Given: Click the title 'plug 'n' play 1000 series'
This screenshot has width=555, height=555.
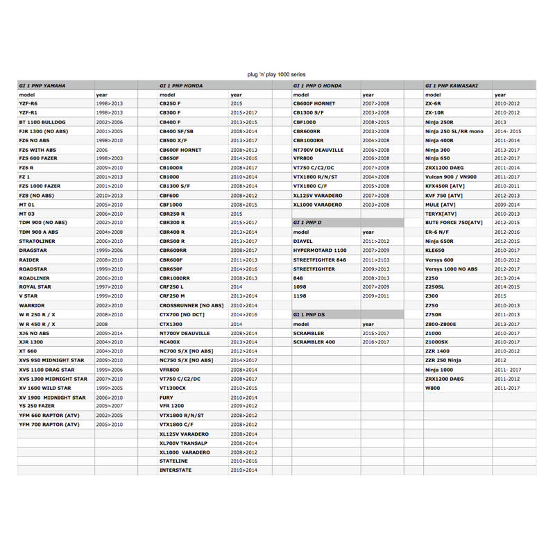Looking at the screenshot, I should tap(276, 74).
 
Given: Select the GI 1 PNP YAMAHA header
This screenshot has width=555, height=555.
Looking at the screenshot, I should tap(42, 85).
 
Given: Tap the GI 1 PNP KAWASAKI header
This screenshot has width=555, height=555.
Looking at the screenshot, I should tap(451, 85).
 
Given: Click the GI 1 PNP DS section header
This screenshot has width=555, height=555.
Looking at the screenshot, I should tap(309, 314).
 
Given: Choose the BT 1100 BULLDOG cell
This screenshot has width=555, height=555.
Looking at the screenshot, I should tap(42, 121).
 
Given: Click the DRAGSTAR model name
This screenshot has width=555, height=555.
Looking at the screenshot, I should tap(33, 250).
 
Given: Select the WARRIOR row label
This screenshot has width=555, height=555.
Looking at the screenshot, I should tap(32, 305).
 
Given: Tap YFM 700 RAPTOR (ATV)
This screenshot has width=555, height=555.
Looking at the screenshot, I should tap(49, 424).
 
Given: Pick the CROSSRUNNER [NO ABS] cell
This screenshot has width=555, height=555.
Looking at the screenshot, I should tap(191, 305).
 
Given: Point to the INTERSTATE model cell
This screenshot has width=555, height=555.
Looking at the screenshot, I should tap(175, 470).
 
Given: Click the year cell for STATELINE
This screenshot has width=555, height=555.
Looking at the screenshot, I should tap(244, 461).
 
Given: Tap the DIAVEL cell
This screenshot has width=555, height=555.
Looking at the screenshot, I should tap(303, 241).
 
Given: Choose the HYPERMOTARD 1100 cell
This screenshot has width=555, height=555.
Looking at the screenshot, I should tap(320, 250).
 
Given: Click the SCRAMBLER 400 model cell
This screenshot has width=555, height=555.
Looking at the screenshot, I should tap(314, 342).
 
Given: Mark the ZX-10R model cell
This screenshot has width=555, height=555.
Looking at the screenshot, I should tap(435, 112).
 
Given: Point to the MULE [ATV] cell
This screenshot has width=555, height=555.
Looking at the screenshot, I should tap(441, 205).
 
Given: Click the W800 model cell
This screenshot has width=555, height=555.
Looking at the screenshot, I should tap(433, 388).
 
